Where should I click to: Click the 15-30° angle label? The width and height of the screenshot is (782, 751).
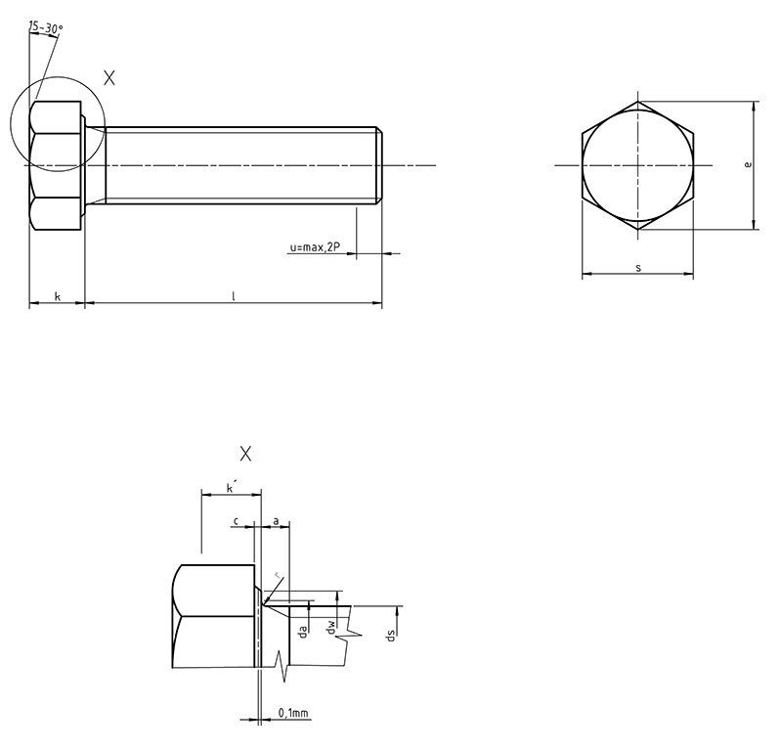pyautogui.click(x=44, y=28)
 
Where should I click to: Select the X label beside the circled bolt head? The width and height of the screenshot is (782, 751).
pyautogui.click(x=109, y=78)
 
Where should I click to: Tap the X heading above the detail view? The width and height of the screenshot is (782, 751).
pyautogui.click(x=245, y=454)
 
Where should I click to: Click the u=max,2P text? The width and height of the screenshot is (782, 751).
pyautogui.click(x=314, y=248)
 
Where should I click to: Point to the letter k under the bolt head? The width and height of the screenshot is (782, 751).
pyautogui.click(x=57, y=295)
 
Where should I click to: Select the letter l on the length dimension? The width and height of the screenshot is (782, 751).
pyautogui.click(x=233, y=295)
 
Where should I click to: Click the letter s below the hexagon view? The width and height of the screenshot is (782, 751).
pyautogui.click(x=637, y=267)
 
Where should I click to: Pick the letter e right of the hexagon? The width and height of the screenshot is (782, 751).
pyautogui.click(x=748, y=165)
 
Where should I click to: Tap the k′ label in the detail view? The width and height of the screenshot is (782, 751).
pyautogui.click(x=230, y=487)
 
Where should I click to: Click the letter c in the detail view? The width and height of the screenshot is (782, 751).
pyautogui.click(x=238, y=522)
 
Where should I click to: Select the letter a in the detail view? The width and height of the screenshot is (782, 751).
pyautogui.click(x=277, y=522)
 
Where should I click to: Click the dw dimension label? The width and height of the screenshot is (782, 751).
pyautogui.click(x=331, y=630)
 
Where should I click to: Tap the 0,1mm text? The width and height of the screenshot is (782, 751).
pyautogui.click(x=294, y=714)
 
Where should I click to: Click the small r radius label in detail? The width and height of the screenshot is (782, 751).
pyautogui.click(x=278, y=575)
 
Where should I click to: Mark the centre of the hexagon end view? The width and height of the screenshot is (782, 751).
pyautogui.click(x=638, y=165)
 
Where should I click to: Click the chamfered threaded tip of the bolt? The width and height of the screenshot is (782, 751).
pyautogui.click(x=379, y=165)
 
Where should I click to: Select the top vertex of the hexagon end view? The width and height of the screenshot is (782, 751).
pyautogui.click(x=638, y=101)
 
